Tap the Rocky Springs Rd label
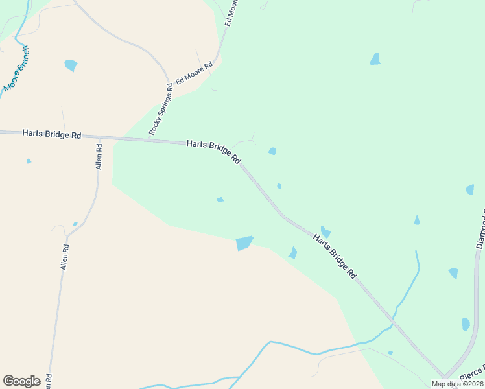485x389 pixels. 160,108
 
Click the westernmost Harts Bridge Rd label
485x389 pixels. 51,134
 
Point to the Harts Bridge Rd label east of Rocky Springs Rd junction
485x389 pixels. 214,152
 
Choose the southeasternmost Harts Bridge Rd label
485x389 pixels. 335,256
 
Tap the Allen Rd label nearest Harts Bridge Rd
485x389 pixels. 99,156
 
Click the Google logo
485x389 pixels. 21,381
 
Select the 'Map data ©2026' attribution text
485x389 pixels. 457,384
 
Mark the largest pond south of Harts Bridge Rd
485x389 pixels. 244,243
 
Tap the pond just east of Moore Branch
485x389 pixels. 71,65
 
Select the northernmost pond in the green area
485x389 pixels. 375,59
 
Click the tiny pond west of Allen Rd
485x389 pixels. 29,161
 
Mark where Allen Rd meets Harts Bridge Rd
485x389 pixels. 99,137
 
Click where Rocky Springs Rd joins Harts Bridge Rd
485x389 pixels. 150,139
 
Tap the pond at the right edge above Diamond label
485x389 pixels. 469,189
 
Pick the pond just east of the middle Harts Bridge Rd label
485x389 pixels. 272,151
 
